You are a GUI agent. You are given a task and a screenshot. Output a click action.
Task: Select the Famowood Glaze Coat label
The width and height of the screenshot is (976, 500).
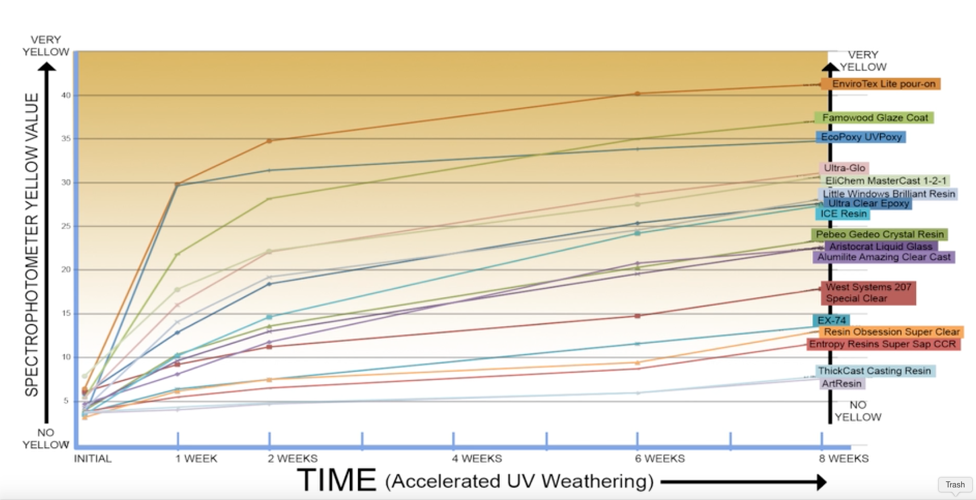pos(875,118)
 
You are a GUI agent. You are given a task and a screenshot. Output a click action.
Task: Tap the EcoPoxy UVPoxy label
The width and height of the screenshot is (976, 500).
pos(860,137)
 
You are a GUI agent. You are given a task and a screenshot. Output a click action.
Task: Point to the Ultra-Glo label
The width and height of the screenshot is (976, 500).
pos(844,168)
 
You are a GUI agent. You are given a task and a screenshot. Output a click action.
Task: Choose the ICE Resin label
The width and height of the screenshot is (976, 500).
pos(843,214)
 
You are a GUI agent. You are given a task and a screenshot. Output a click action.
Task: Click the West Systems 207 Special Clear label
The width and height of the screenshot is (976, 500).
pos(868,293)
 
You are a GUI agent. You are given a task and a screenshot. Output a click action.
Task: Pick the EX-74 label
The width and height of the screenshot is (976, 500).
pos(831,320)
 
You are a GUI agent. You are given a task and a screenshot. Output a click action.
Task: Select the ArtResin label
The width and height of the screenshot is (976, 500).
pos(841,383)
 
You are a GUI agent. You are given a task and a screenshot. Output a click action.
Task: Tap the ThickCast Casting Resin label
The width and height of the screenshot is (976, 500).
pos(874,371)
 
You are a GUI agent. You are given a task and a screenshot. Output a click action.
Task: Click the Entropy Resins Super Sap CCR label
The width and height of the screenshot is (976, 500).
pos(882,344)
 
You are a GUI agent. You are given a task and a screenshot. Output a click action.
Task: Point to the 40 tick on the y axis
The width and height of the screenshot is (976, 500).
pos(66,95)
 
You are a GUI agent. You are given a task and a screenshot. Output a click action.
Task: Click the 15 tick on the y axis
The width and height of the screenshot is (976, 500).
pos(66,313)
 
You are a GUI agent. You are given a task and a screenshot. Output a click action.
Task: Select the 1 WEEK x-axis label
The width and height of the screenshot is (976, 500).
pos(196,458)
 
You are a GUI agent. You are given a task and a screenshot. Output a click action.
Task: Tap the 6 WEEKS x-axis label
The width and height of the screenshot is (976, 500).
pos(659,458)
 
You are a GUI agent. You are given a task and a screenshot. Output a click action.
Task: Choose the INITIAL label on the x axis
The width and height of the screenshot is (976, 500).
pos(93,458)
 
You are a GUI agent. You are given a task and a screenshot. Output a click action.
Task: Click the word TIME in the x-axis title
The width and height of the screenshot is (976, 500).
pos(336,480)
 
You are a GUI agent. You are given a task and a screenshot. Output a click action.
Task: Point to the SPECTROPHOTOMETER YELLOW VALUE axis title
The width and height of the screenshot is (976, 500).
pos(32,245)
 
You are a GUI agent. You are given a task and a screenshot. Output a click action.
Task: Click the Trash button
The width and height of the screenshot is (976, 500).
pos(955,485)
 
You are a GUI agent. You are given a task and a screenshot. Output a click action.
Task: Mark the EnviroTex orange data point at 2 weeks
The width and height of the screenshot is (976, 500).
pos(269,141)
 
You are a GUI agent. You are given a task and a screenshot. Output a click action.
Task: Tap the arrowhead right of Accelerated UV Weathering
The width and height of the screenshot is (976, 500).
pos(821,482)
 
